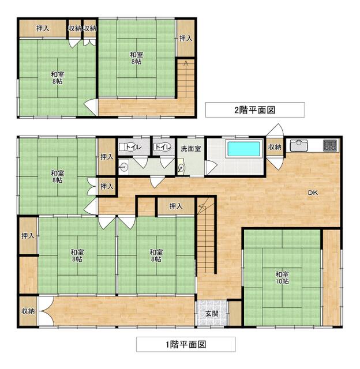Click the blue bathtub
pos(244,149)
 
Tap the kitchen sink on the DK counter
pos(298,145)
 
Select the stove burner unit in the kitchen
pos(329,145)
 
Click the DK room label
pos(313,193)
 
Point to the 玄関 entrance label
pos(212,314)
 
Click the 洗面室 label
pos(191,149)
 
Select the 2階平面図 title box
pos(255,110)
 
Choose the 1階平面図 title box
pos(186,344)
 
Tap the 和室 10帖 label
pos(282,278)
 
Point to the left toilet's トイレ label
pos(133,147)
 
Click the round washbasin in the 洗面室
pos(181,168)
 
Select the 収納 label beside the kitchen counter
pos(275,147)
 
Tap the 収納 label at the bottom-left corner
pos(28,311)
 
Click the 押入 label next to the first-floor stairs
pos(175,206)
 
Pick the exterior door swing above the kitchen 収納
pos(275,130)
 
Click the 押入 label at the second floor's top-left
pos(43,28)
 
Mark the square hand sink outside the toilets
pos(123,167)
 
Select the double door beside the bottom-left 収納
pos(46,311)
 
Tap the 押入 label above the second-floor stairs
pos(186,38)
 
